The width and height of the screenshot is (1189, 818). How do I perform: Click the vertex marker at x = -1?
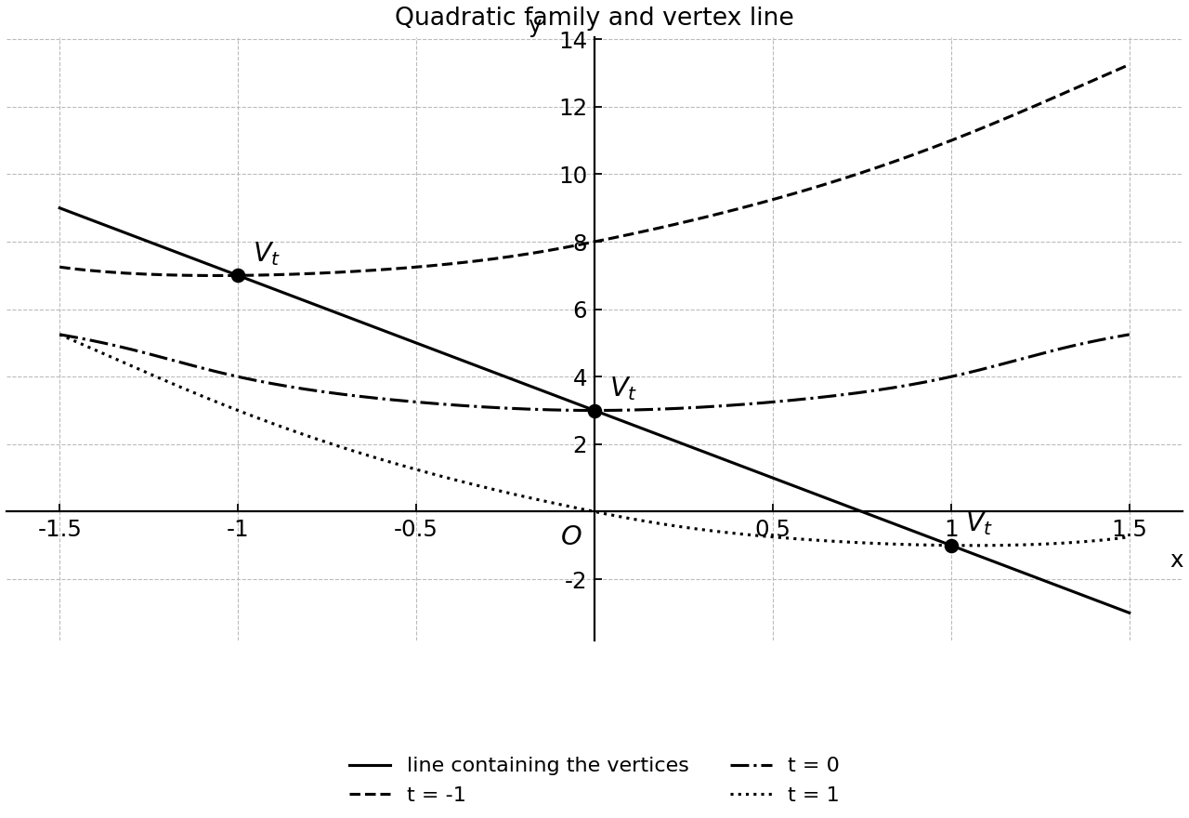pyautogui.click(x=238, y=276)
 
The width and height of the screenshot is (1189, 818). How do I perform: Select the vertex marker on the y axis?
pyautogui.click(x=594, y=411)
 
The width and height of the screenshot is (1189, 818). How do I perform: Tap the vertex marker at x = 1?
pyautogui.click(x=951, y=546)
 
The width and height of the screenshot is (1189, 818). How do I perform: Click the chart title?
pyautogui.click(x=594, y=17)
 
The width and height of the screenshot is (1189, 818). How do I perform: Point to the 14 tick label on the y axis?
pyautogui.click(x=573, y=40)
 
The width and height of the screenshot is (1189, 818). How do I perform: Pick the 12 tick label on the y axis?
pyautogui.click(x=573, y=108)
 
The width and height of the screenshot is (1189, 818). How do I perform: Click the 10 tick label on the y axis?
pyautogui.click(x=573, y=176)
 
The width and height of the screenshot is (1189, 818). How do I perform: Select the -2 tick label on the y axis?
pyautogui.click(x=575, y=581)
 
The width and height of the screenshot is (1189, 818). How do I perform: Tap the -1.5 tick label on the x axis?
pyautogui.click(x=59, y=529)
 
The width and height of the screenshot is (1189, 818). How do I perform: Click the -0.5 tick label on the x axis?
pyautogui.click(x=415, y=529)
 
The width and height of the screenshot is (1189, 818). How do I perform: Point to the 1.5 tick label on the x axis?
pyautogui.click(x=1129, y=529)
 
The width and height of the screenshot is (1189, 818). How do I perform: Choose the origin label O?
pyautogui.click(x=571, y=536)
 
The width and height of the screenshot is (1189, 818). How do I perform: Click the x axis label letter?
pyautogui.click(x=1177, y=561)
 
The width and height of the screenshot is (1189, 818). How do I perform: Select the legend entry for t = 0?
pyautogui.click(x=785, y=765)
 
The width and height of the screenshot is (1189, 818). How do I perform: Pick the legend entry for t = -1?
pyautogui.click(x=407, y=795)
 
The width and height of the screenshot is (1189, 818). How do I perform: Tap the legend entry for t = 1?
pyautogui.click(x=785, y=795)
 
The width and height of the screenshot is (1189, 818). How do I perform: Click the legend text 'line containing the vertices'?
pyautogui.click(x=548, y=765)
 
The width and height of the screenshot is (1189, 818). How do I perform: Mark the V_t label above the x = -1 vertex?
pyautogui.click(x=267, y=254)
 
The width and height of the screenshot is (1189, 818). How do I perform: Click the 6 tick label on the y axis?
pyautogui.click(x=580, y=310)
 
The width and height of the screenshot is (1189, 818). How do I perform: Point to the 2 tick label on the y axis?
pyautogui.click(x=580, y=445)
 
